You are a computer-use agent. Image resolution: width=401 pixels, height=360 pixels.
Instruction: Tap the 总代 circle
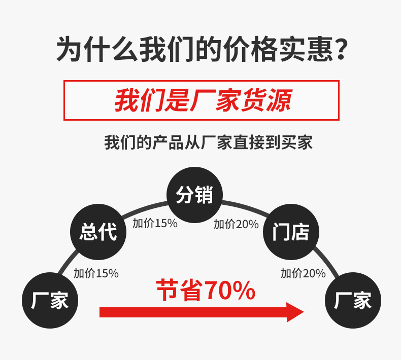(x=98, y=232)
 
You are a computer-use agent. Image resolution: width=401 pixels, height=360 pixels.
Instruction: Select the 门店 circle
(x=291, y=232)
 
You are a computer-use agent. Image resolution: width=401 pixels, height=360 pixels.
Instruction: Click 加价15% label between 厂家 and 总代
(x=96, y=273)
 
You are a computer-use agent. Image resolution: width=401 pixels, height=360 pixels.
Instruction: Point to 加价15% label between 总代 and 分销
(x=155, y=223)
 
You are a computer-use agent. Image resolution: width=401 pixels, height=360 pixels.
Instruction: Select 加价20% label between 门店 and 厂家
(x=303, y=273)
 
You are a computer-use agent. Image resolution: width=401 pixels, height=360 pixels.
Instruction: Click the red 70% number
(x=229, y=291)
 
